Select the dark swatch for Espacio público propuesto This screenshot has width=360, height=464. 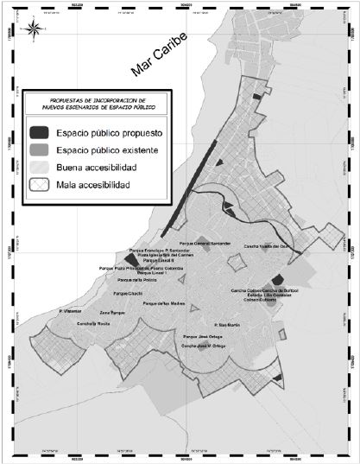coord(40,134)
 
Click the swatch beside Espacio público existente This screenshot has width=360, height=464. coord(40,150)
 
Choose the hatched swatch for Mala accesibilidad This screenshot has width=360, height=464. coord(40,185)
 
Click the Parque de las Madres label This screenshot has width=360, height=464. coord(164,304)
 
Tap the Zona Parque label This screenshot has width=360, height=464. coord(113,311)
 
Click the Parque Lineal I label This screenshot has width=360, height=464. coord(151,272)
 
